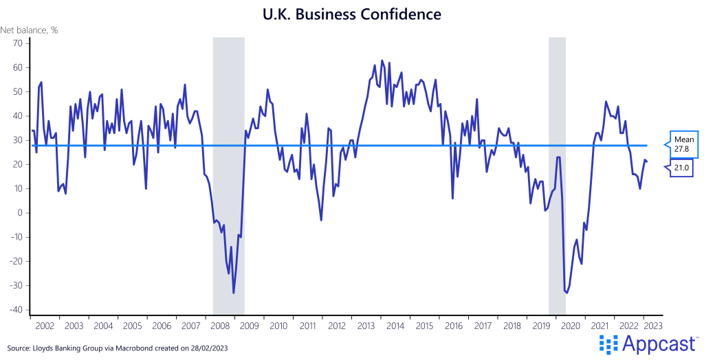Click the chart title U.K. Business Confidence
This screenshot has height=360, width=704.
pos(352,14)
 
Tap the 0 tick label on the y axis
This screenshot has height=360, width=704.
pos(21,213)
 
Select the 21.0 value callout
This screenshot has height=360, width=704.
pos(684,167)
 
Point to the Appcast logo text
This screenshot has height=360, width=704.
pos(657,344)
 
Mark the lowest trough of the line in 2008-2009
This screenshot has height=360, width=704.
pos(234,293)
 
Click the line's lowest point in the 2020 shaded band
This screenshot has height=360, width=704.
pos(566,293)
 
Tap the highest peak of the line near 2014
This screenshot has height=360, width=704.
pos(382,60)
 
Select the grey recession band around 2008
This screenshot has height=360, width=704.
pos(228,172)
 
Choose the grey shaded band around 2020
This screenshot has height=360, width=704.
pos(557,172)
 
